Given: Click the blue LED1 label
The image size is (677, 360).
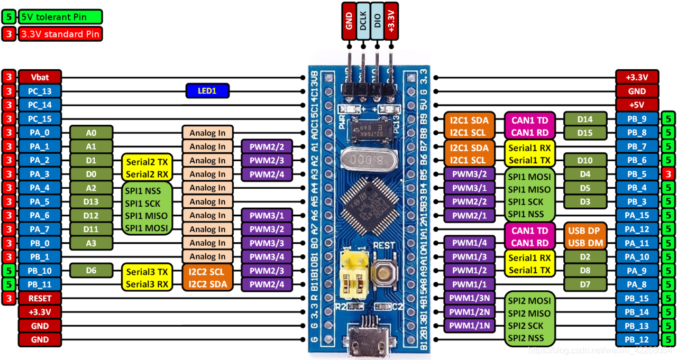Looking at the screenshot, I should (x=207, y=91).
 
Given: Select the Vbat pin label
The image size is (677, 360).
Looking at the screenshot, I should (x=39, y=77).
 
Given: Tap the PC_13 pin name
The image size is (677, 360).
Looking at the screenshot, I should (x=39, y=91).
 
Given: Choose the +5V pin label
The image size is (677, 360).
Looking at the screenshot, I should (x=637, y=105).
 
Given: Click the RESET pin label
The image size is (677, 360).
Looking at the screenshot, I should (x=39, y=298).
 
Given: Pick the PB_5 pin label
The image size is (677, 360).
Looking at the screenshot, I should (x=637, y=174).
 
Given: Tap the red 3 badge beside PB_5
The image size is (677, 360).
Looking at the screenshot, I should (x=669, y=174).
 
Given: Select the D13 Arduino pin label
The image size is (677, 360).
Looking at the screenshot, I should (x=91, y=201).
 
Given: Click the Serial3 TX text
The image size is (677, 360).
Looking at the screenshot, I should (x=147, y=272).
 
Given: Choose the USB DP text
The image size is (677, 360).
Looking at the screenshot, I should (x=584, y=230).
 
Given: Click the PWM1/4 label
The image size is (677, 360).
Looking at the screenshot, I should (x=469, y=243).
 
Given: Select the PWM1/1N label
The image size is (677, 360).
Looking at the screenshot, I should (x=469, y=326).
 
